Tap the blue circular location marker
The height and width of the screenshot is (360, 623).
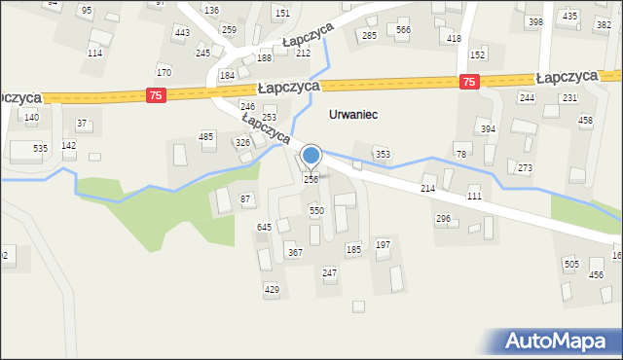point(311,156)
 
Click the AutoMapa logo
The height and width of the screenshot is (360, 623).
point(561,341)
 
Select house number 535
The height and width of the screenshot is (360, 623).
point(40,148)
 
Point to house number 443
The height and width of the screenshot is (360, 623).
point(182,33)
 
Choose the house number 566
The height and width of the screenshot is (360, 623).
point(403,30)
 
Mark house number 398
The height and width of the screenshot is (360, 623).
point(534,21)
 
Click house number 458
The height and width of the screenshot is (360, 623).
point(585,120)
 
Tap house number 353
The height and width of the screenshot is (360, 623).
point(384,154)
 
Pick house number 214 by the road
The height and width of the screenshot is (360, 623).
point(427,188)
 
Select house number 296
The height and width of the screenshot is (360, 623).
point(443,219)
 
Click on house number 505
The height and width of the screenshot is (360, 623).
point(570,264)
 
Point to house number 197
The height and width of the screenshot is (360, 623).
point(383,244)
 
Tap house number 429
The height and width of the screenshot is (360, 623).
point(272,289)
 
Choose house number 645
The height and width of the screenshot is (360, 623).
point(264,227)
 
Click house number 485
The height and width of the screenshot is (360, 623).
point(206,137)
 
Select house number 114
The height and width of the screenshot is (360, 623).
point(94,53)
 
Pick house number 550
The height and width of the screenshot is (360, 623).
point(316,210)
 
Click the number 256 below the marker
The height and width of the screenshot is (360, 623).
point(311,179)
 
